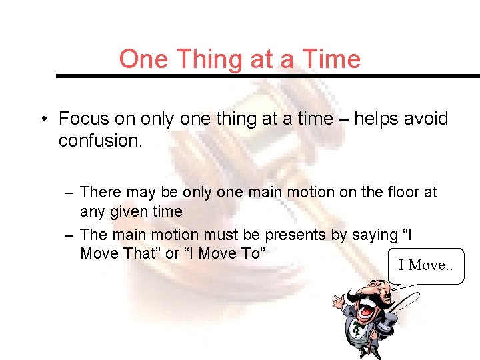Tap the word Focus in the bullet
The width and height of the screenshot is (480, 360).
point(83,119)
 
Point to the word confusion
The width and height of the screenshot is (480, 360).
point(100,141)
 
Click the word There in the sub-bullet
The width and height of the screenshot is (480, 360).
point(101,193)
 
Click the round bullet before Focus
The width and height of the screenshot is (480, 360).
point(43,120)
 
